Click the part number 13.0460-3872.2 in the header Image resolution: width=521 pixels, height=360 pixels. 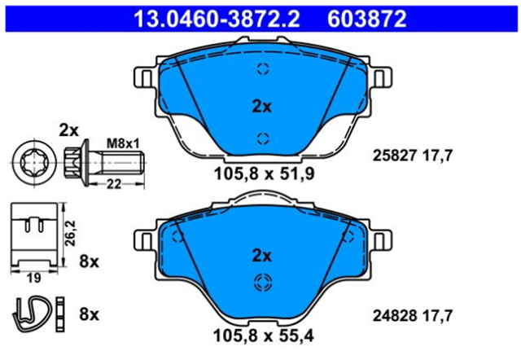click(x=217, y=19)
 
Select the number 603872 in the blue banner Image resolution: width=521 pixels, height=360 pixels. click(x=367, y=19)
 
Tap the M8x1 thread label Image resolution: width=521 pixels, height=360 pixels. click(x=123, y=143)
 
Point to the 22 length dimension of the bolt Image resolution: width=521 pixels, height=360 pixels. click(x=114, y=184)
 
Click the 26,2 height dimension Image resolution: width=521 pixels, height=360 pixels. click(x=71, y=234)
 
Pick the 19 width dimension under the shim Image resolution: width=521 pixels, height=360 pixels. click(x=33, y=278)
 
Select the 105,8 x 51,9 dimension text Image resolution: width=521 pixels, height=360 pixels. click(x=264, y=173)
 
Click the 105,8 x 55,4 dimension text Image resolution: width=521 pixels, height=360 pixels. click(x=264, y=336)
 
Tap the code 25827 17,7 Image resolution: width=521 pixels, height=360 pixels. click(x=413, y=156)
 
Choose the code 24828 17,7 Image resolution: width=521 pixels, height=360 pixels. click(x=413, y=315)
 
